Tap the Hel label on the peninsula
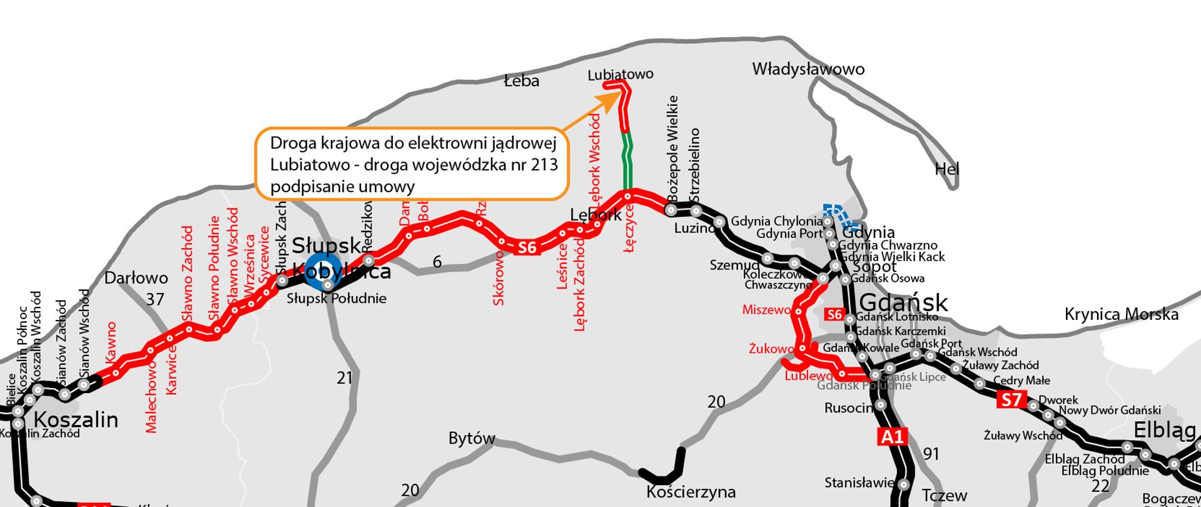click(946, 169)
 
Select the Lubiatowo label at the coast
click(620, 74)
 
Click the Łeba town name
click(522, 81)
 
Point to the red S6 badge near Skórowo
click(527, 248)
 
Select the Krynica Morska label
click(1121, 314)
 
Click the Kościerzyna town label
click(691, 491)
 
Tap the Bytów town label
click(472, 438)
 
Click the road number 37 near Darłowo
click(155, 299)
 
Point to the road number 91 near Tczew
click(931, 454)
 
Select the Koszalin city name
click(75, 419)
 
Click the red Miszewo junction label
click(766, 310)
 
